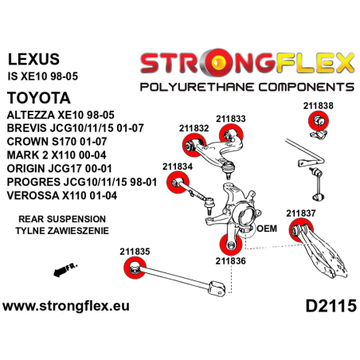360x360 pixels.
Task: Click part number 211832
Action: pyautogui.click(x=194, y=127)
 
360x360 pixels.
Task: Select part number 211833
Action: pyautogui.click(x=232, y=119)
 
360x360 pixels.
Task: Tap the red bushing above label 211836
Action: pyautogui.click(x=224, y=243)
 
